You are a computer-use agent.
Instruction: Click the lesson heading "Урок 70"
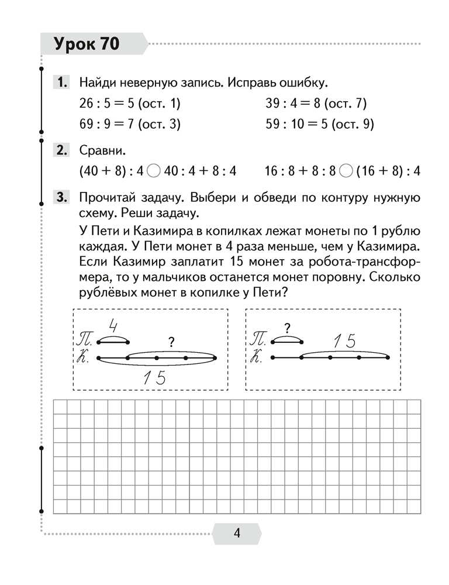pos(86,44)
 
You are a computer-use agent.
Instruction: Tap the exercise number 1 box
pos(63,82)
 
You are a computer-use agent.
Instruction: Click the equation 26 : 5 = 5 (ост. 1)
pos(130,104)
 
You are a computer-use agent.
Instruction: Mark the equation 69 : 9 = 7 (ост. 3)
pos(130,124)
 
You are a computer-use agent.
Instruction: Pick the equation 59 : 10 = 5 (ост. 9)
pos(319,124)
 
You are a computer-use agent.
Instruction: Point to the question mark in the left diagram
pos(171,342)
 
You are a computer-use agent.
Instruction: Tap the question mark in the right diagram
pos(287,328)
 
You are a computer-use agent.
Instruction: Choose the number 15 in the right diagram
pos(343,342)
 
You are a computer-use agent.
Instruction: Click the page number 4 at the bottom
pos(237,533)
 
